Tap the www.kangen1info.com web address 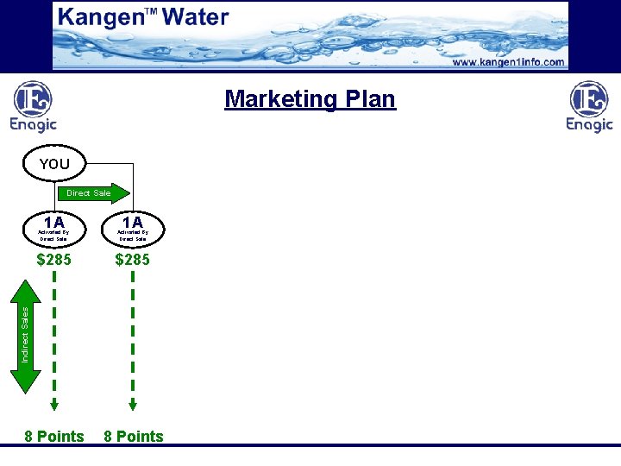click(x=508, y=62)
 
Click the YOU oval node click(x=54, y=164)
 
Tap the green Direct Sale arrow click(x=96, y=192)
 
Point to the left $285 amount click(x=54, y=259)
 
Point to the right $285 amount click(x=132, y=259)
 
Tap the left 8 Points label click(x=54, y=437)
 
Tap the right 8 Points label click(x=133, y=437)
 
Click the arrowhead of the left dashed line click(x=54, y=404)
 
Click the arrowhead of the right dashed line click(x=133, y=404)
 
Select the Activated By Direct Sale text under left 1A click(x=53, y=236)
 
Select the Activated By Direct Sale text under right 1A click(x=133, y=236)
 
